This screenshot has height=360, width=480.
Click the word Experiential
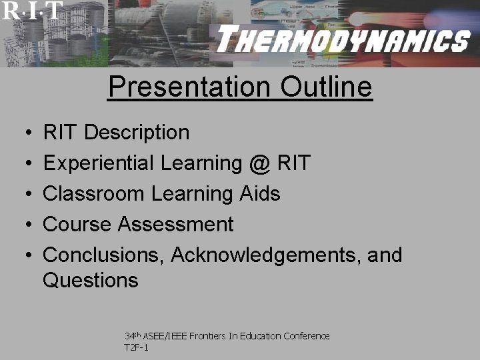point(98,163)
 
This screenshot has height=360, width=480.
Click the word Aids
point(261,193)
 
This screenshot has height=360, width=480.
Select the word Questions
point(91,280)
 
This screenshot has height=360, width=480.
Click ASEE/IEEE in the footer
point(163,336)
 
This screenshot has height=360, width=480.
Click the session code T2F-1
point(136,347)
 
